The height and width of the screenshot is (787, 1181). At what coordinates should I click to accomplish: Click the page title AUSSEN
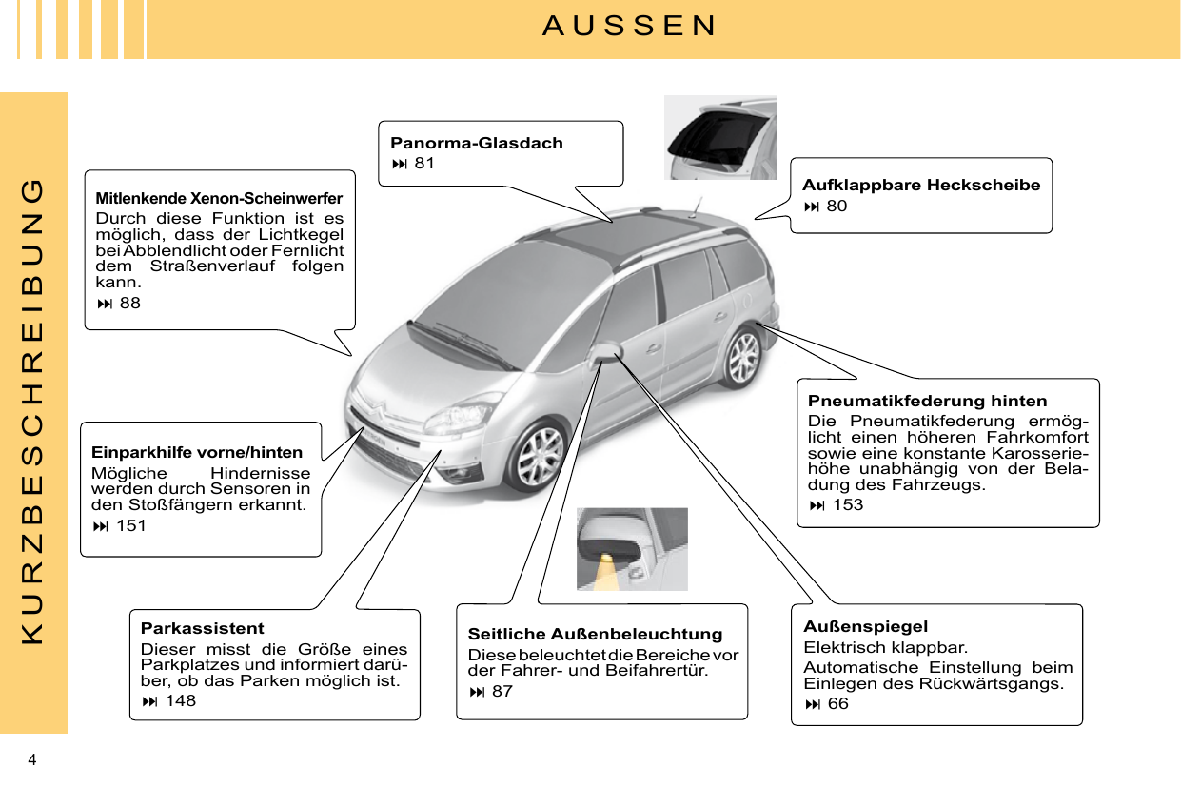(x=629, y=26)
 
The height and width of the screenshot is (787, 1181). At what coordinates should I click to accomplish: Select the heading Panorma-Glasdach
(x=476, y=143)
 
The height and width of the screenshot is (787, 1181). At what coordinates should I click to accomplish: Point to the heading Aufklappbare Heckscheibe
(x=920, y=185)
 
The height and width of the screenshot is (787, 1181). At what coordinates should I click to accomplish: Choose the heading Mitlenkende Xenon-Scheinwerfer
(x=219, y=199)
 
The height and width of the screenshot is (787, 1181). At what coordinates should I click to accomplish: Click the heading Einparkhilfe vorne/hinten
(x=197, y=452)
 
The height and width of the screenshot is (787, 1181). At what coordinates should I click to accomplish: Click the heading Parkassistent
(x=202, y=628)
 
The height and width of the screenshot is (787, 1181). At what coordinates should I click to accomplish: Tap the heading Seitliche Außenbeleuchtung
(x=595, y=634)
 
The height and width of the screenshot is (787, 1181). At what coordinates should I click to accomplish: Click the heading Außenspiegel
(x=865, y=626)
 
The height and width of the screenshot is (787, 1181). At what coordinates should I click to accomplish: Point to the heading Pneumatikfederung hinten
(x=927, y=401)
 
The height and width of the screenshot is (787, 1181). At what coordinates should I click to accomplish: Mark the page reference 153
(x=837, y=504)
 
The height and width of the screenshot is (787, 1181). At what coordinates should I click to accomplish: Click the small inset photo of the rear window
(x=719, y=137)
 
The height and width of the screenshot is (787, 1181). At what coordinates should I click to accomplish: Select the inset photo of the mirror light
(x=632, y=549)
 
